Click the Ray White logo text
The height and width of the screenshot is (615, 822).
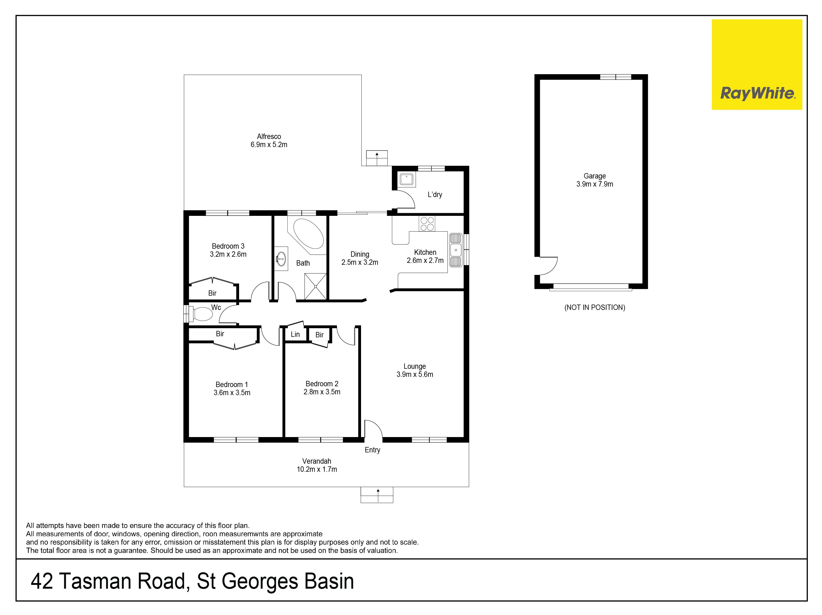point(757,93)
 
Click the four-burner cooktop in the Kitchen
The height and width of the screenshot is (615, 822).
point(427,223)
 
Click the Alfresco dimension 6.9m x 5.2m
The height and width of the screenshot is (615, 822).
point(269,145)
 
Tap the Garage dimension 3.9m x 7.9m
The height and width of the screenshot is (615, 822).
point(594,184)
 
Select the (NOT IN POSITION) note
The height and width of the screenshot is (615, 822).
point(594,307)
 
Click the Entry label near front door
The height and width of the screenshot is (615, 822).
point(372,450)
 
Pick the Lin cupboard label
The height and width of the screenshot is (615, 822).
point(295,334)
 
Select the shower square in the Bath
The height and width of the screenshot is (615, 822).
point(315,286)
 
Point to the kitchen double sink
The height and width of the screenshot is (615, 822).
point(456,250)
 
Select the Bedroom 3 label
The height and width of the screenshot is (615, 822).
point(228,246)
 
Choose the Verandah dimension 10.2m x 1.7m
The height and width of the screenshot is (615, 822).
point(317,469)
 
